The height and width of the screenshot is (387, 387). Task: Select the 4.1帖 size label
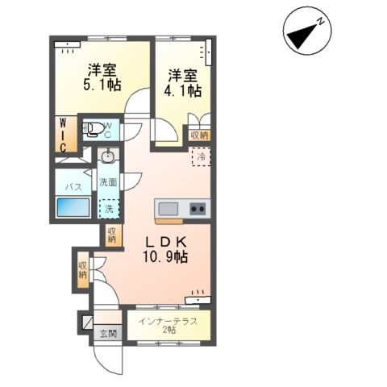[x=184, y=92]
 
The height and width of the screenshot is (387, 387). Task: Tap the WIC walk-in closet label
[x=62, y=133]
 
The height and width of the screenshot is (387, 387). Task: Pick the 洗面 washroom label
[x=107, y=182]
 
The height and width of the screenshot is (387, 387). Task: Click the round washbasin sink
[x=107, y=156]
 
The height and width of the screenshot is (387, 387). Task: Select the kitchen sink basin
[x=169, y=209]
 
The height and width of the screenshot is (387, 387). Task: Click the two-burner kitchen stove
[x=198, y=209]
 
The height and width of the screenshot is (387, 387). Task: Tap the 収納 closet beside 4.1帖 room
[x=198, y=135]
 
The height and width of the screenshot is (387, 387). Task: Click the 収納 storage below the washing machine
[x=111, y=235]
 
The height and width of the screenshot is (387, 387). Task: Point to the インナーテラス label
[x=164, y=322]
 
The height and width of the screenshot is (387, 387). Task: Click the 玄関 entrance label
[x=107, y=334]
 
